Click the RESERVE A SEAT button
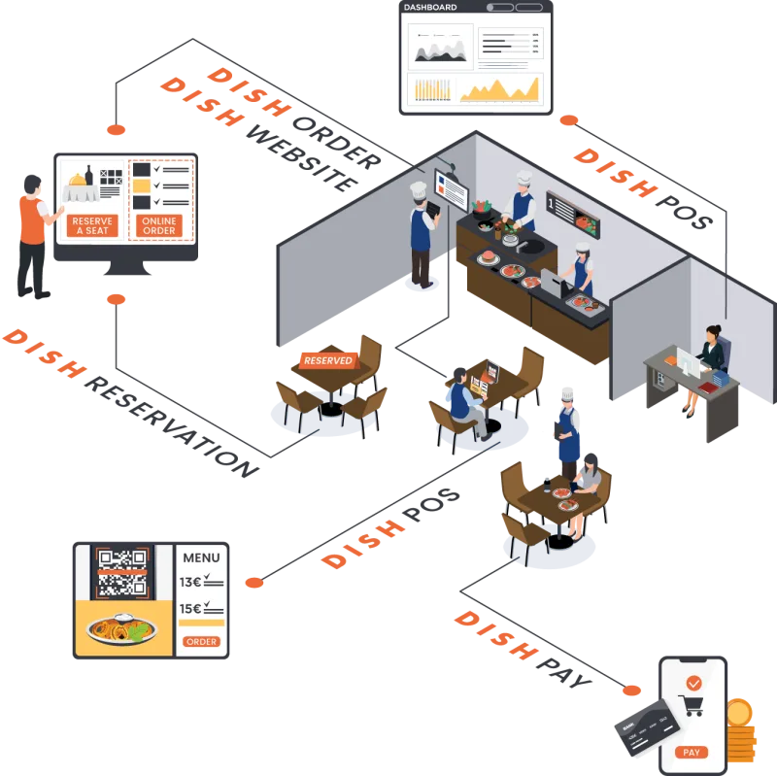(93, 225)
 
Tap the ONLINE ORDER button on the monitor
(159, 225)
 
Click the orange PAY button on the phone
(692, 752)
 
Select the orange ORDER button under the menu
(201, 642)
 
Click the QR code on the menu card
(121, 573)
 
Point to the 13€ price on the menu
(190, 583)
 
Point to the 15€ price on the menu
(190, 609)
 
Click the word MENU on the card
(201, 557)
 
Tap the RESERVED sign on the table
(327, 360)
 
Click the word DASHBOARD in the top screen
(429, 8)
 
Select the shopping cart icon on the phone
(693, 706)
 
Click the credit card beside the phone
(645, 725)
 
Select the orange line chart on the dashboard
(499, 89)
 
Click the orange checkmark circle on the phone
(693, 683)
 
